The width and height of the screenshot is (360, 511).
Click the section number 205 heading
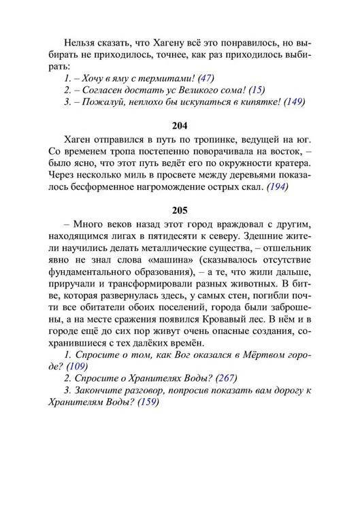[180, 211]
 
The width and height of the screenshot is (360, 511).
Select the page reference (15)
[257, 90]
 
